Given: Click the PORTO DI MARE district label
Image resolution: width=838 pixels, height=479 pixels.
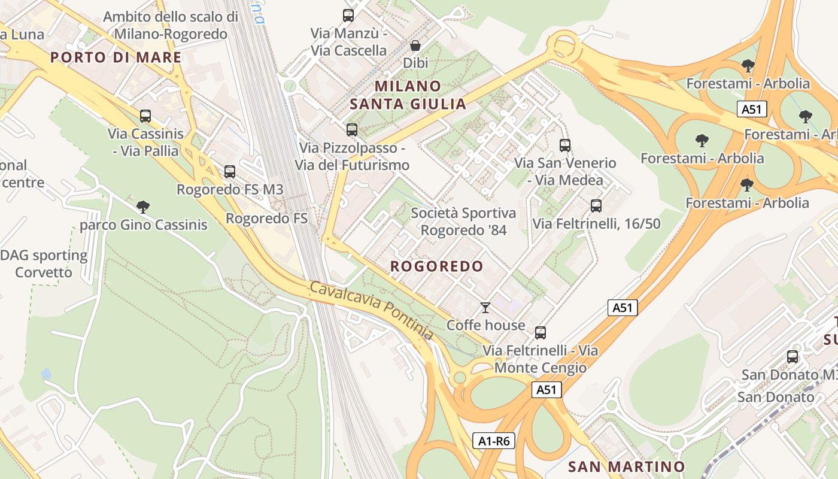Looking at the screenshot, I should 116,57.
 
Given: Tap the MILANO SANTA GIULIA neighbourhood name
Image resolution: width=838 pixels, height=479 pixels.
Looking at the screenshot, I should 408,95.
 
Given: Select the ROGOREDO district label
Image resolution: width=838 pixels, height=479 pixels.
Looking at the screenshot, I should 436,266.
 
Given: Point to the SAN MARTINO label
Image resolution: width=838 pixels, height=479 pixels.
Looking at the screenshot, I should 626,466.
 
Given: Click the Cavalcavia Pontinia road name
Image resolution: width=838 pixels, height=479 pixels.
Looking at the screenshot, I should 371,310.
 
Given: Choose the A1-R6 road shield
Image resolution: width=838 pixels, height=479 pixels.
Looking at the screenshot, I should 494,441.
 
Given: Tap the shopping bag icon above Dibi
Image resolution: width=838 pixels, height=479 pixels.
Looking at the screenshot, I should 415,46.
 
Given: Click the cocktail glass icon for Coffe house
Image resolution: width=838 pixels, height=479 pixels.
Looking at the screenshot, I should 485,308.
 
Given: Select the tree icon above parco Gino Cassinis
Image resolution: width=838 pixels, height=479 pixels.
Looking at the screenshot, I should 142,207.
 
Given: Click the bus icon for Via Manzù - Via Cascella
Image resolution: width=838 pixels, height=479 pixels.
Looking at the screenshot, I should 348,16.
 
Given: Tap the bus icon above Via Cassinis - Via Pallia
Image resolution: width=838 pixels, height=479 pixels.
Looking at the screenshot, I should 145,116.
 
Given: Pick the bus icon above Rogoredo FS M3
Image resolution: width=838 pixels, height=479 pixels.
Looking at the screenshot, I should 229,172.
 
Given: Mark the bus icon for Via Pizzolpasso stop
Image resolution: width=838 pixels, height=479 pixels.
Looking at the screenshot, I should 352,129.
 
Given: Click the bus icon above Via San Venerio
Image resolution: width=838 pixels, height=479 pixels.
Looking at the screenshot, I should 564,145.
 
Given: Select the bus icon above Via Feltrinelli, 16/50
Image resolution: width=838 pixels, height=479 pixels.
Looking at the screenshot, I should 596,206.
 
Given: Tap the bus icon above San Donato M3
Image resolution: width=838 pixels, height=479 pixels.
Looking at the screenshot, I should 793,357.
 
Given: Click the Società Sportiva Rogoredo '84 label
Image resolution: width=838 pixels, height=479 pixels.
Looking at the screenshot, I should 463,222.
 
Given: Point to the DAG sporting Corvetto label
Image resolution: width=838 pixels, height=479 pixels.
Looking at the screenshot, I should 44,264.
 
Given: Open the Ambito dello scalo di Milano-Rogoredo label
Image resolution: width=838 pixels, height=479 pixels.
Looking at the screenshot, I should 171,25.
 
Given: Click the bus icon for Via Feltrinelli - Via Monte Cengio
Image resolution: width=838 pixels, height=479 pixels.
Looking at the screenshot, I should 540,333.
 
